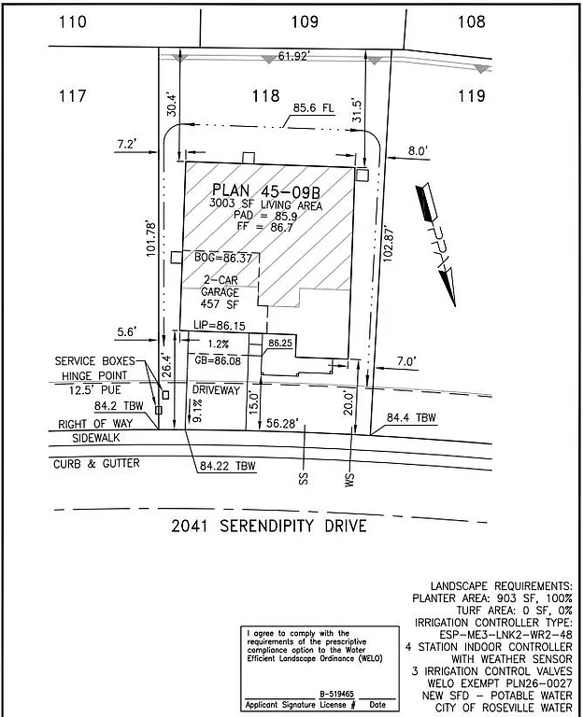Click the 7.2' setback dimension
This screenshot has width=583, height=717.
(127, 144)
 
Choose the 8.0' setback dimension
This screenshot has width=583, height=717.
(417, 149)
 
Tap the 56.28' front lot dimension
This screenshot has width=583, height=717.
(282, 424)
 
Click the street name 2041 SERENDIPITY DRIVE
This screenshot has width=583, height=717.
(268, 526)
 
